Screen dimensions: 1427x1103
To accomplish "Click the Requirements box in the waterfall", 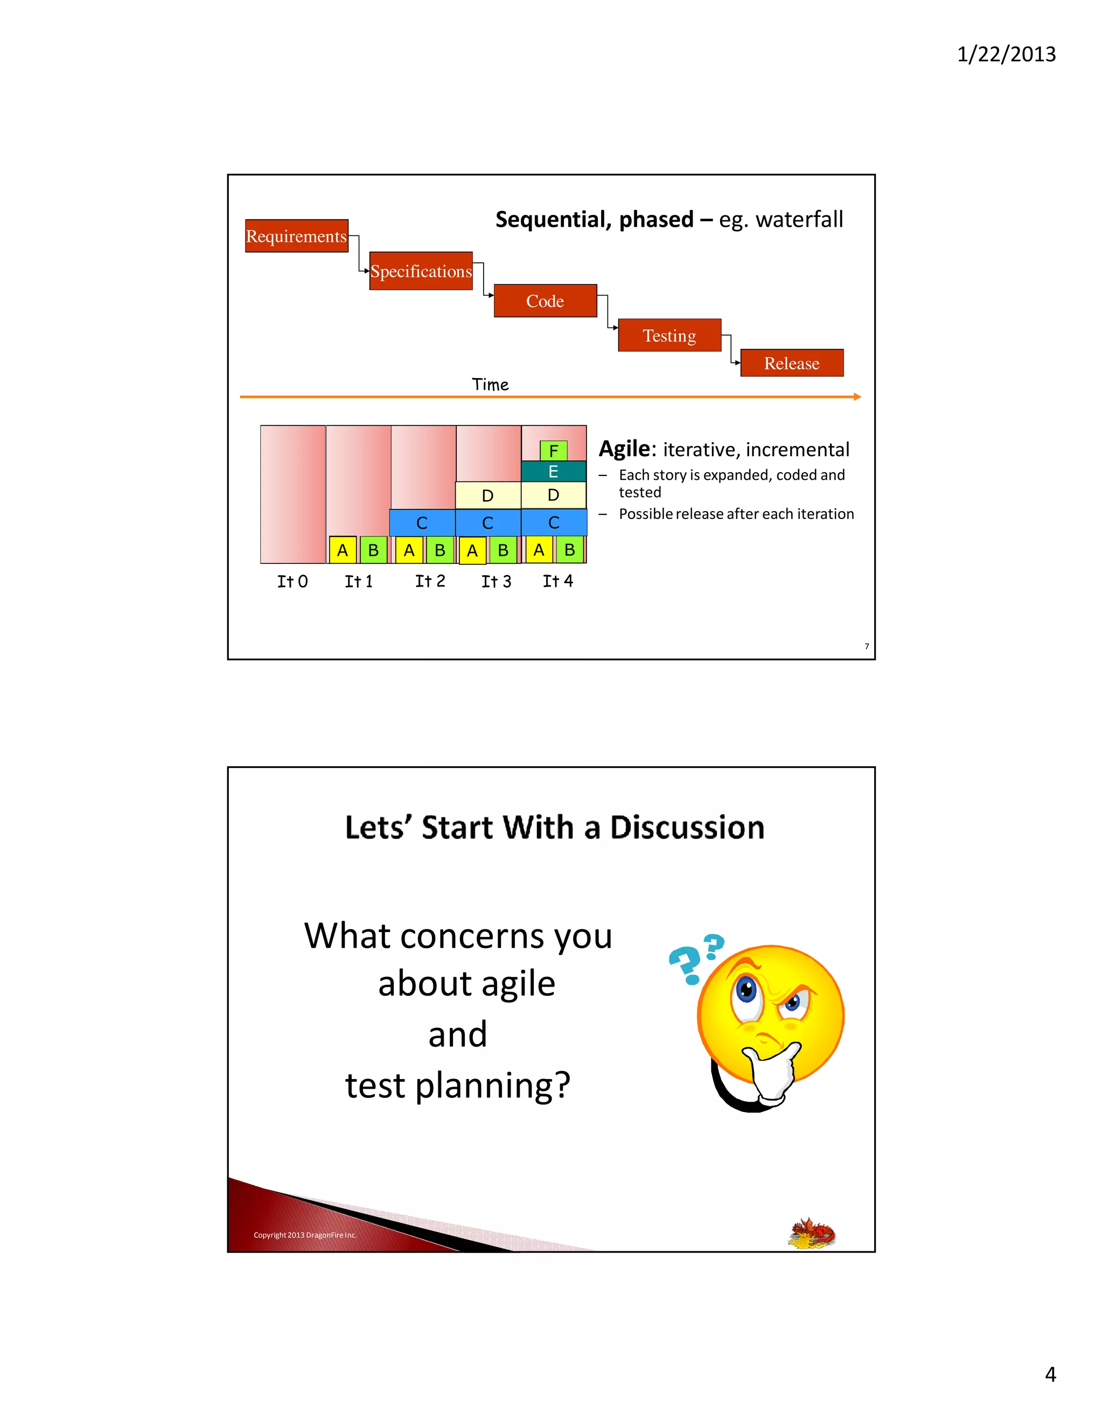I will click(297, 236).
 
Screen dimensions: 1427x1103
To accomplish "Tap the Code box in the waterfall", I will click(545, 301).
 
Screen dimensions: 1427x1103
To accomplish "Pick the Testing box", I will click(669, 335).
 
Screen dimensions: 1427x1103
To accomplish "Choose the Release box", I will click(791, 363).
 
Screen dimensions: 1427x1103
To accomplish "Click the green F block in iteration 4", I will click(554, 451).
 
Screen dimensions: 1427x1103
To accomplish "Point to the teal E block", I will click(554, 472).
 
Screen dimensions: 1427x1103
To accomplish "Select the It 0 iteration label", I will click(292, 582).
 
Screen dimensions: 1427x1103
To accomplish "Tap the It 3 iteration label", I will click(496, 582).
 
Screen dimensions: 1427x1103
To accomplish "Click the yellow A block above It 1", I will click(343, 550).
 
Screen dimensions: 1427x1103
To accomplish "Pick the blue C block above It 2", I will click(422, 523).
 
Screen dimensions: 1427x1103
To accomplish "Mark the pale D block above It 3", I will click(487, 496).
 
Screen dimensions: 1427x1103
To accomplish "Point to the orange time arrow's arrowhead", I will click(857, 397).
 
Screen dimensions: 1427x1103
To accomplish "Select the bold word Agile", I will click(625, 449).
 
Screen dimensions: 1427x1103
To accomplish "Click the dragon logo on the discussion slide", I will click(812, 1233).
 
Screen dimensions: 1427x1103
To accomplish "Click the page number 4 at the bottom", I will click(1050, 1374).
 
